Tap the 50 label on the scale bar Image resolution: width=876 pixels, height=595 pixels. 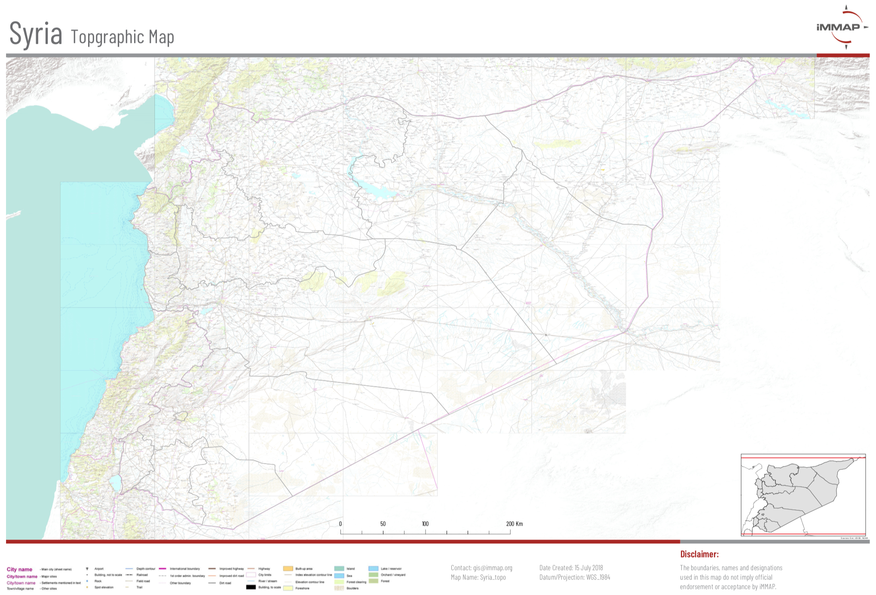coord(383,524)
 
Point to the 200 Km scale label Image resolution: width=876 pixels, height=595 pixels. coord(514,524)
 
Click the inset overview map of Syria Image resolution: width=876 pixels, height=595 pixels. coord(802,494)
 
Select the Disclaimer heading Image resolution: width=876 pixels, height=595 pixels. coord(699,554)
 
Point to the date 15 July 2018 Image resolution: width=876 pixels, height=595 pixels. coord(588,568)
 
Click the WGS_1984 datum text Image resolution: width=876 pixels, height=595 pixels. coord(598,577)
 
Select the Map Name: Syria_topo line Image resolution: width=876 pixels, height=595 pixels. coord(478,577)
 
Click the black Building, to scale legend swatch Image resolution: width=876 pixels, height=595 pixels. coord(251,587)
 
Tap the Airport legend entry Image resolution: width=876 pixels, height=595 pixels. coord(99,569)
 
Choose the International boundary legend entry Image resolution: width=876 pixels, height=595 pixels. coord(184,569)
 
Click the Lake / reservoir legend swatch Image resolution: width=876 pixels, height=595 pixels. coord(373,568)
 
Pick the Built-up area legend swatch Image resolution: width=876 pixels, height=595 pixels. coord(288,568)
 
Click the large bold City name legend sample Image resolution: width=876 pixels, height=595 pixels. coord(19,569)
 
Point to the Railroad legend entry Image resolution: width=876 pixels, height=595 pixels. coord(142,575)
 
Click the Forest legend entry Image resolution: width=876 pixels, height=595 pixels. coord(385,581)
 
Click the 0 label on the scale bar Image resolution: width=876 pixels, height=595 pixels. coord(340,524)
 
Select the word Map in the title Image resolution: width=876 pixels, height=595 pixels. coord(161,37)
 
